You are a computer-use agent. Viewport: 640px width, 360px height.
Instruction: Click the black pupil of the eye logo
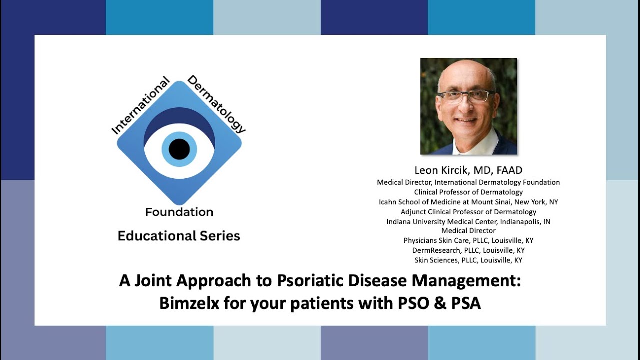tap(179, 149)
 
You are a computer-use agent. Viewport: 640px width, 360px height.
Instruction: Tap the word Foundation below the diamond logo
tap(179, 212)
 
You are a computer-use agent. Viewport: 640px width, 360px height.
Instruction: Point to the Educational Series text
tap(179, 236)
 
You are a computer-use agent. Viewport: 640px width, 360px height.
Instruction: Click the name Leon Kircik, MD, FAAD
tap(468, 170)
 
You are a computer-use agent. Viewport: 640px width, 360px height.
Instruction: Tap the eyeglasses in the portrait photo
tap(465, 96)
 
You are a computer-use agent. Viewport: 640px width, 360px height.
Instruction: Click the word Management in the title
tap(466, 281)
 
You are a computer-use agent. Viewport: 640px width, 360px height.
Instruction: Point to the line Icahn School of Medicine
tap(468, 202)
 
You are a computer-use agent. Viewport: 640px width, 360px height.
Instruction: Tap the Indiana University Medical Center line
tap(468, 221)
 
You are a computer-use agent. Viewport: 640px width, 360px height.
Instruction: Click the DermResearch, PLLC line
tap(468, 250)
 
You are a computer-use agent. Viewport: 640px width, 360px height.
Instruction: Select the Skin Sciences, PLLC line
tap(468, 260)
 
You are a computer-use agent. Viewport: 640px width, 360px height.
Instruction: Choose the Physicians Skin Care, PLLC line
tap(468, 240)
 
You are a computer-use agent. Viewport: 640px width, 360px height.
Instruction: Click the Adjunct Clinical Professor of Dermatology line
tap(468, 212)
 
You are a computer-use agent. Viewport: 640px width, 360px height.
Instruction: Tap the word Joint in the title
tap(152, 281)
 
